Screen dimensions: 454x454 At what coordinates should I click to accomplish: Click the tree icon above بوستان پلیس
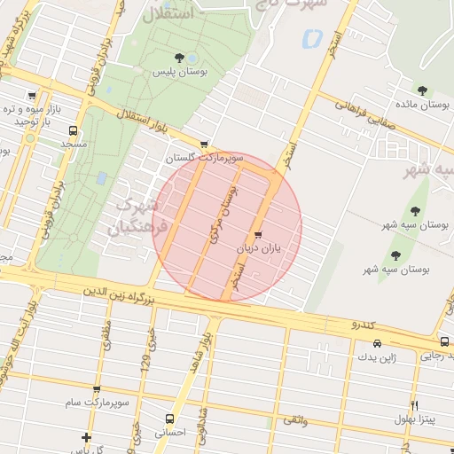pyautogui.click(x=180, y=58)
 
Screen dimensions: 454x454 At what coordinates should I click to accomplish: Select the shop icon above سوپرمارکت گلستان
pyautogui.click(x=205, y=144)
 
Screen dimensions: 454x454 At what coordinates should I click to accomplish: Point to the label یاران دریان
pyautogui.click(x=257, y=249)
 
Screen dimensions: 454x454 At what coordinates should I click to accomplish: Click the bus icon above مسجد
pyautogui.click(x=73, y=129)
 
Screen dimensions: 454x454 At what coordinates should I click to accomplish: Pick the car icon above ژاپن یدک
pyautogui.click(x=378, y=343)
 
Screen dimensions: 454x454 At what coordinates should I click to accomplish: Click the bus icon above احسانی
pyautogui.click(x=168, y=419)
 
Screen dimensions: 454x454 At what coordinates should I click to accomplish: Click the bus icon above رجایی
pyautogui.click(x=443, y=341)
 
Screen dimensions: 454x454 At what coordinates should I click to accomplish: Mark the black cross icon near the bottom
pyautogui.click(x=86, y=437)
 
